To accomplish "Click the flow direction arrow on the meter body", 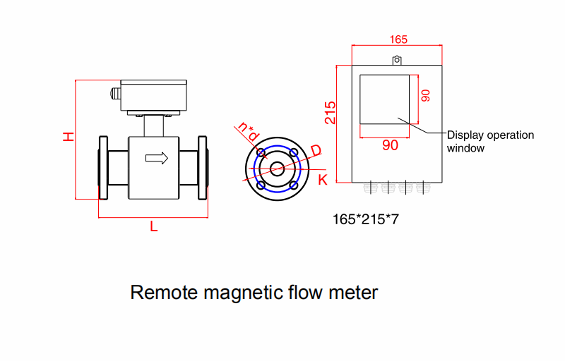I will (x=156, y=158).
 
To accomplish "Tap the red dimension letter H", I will (x=68, y=136).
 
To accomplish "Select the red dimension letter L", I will (x=153, y=226).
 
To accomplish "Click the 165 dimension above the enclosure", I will (x=398, y=39).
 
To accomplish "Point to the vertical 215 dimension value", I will (x=331, y=113).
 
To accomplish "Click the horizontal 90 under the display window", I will (x=390, y=145).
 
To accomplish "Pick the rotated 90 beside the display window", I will (x=425, y=96).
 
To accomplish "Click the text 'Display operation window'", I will (x=490, y=141).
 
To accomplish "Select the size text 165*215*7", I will (x=366, y=219).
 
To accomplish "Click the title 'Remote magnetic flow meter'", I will (x=254, y=292).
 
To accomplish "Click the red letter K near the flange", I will (x=323, y=180).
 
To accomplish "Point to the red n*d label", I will (x=249, y=130).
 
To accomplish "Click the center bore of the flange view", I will (x=277, y=169).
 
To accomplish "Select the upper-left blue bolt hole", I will (x=261, y=152).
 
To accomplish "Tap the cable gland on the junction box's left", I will (x=113, y=93).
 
